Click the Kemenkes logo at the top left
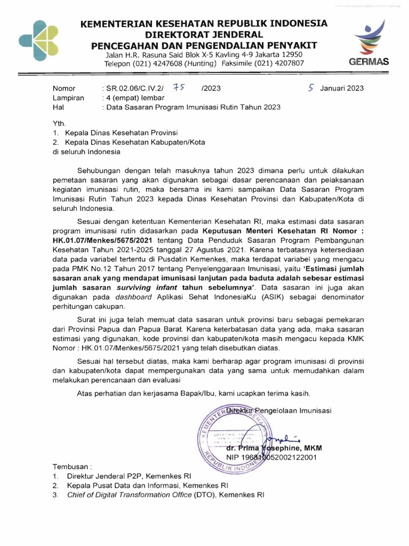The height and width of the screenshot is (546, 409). [39, 40]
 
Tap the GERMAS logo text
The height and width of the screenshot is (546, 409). [368, 62]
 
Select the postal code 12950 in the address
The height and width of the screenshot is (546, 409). [292, 54]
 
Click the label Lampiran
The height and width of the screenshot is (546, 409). [68, 98]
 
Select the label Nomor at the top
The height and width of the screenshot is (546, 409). [64, 88]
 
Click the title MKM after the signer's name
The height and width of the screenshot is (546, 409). [313, 448]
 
